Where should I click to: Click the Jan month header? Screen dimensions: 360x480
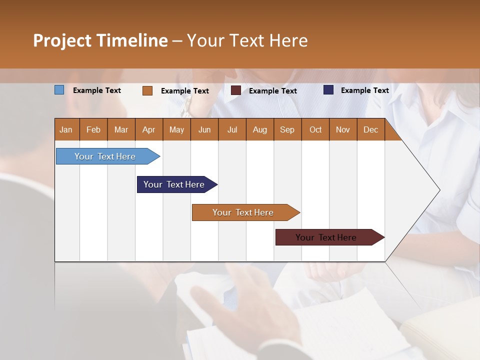(66, 129)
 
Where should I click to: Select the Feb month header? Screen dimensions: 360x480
(93, 129)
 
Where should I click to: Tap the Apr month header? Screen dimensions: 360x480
(148, 129)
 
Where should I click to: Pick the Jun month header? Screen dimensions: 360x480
(204, 129)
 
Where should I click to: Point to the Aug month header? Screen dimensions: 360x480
(259, 129)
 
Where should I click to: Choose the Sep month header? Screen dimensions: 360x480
(287, 129)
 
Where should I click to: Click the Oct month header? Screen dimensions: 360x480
(315, 129)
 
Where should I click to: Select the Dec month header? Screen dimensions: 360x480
(370, 129)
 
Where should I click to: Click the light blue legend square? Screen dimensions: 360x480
(59, 90)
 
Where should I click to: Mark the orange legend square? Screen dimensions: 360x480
(147, 90)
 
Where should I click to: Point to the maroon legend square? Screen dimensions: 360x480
(236, 90)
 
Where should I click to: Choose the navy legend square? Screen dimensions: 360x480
(328, 90)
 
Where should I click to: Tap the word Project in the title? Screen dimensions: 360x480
(62, 40)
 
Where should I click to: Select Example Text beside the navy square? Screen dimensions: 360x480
(364, 90)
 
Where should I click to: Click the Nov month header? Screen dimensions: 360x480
(342, 129)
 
